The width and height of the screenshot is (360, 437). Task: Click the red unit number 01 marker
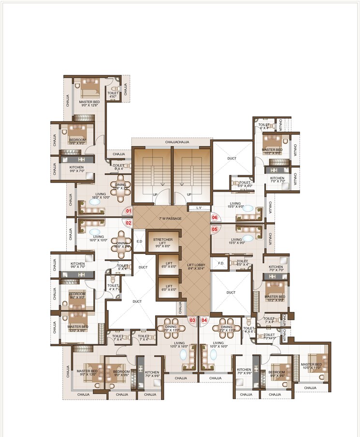129,211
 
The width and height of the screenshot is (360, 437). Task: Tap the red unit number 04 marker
204,320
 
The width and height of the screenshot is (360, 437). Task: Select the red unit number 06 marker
215,218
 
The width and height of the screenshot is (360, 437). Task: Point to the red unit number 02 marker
129,223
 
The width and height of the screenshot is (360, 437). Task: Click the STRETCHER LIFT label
163,242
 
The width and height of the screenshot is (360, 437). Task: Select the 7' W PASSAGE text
170,219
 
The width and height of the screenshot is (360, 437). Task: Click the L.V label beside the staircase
199,208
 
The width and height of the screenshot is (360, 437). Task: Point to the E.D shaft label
139,241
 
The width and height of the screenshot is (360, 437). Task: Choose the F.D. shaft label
221,263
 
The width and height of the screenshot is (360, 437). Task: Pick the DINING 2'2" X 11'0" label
226,329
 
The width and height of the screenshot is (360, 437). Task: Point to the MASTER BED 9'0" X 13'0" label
87,373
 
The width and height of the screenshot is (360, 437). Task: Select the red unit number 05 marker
215,230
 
